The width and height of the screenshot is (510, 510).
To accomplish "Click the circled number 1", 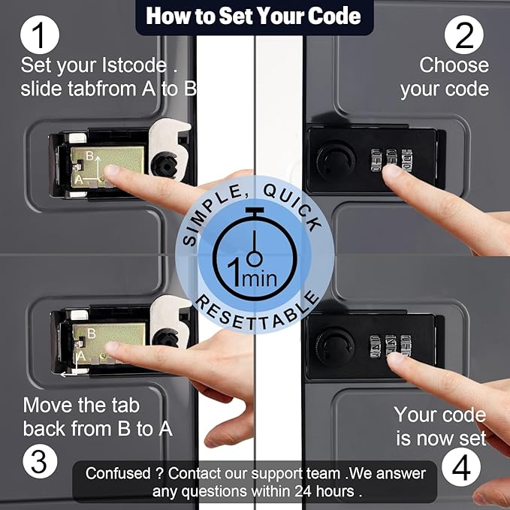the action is (40, 35).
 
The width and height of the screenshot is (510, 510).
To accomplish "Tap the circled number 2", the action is (464, 35).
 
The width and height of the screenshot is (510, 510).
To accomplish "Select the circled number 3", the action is (40, 461).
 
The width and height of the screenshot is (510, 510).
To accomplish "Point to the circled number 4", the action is (461, 466).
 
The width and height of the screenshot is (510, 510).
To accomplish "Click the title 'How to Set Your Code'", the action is (253, 16).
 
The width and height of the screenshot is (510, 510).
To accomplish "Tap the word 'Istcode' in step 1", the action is (134, 65).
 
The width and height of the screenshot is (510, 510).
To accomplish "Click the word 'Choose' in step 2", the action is (454, 65).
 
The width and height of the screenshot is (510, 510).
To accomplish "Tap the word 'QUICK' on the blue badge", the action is (294, 207).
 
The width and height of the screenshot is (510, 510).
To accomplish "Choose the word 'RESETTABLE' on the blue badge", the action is (257, 312).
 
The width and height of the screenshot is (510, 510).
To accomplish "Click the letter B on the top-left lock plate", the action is (90, 155).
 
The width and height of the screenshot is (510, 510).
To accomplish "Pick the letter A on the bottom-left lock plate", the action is (81, 356).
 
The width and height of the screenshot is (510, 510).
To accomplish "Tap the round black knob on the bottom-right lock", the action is (335, 347).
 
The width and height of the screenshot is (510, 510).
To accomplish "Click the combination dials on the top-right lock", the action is (391, 160).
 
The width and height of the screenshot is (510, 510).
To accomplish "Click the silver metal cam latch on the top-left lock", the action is (169, 148).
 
